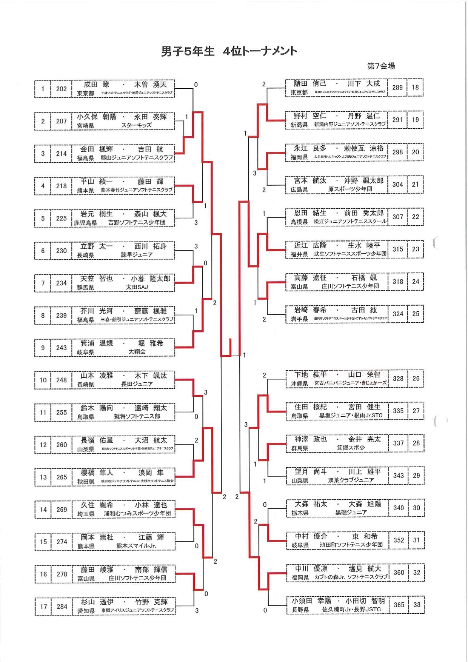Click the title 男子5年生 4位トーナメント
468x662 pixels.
tap(229, 51)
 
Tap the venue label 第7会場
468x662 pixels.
tap(381, 66)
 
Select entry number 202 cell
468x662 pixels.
tap(61, 89)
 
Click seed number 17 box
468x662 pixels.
tap(43, 607)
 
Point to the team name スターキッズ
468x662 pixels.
tap(136, 126)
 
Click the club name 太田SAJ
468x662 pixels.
tap(137, 288)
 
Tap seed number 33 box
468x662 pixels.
tap(417, 605)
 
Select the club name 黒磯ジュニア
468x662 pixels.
tap(351, 513)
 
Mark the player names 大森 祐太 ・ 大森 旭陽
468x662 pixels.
tap(338, 504)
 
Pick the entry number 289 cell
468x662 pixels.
tap(397, 88)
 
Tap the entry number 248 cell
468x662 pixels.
tap(62, 380)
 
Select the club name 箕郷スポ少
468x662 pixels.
tap(351, 448)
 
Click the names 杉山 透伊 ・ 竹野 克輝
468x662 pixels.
tap(124, 602)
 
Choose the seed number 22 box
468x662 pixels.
tap(416, 217)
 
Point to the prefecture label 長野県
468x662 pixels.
tap(300, 610)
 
